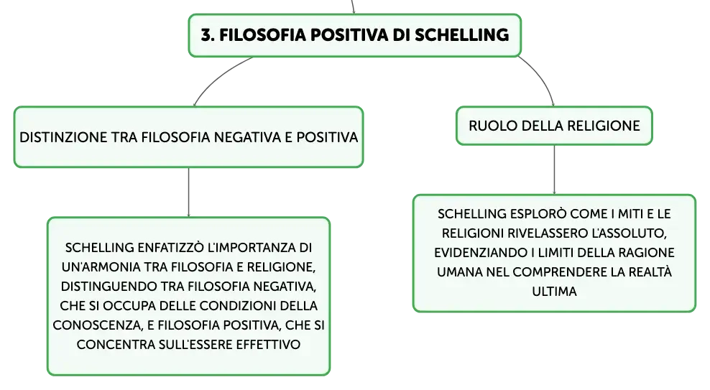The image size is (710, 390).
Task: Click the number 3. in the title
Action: coord(208,35)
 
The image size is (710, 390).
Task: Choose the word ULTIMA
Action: coord(554,292)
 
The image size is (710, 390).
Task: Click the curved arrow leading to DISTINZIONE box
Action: coord(217,76)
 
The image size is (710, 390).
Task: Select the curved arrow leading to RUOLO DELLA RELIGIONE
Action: coord(541,77)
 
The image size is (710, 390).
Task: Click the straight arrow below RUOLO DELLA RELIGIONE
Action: coord(554,170)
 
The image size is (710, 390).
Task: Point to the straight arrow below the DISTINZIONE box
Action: coord(188,192)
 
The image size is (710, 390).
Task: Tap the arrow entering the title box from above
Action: coord(353,6)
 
